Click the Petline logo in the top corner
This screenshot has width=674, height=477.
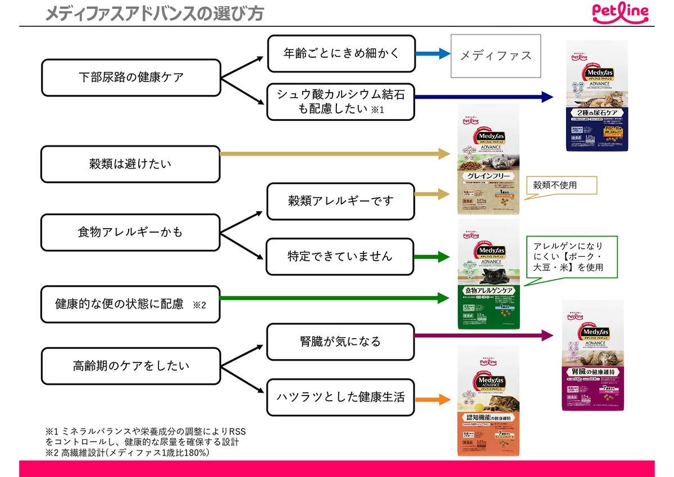tap(620, 12)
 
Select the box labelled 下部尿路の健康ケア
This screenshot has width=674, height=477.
tap(131, 78)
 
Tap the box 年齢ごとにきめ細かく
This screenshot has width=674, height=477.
tap(341, 54)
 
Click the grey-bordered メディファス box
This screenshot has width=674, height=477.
tap(495, 56)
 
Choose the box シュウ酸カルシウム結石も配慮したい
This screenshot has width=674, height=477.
tap(340, 102)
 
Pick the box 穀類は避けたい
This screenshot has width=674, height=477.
tap(130, 164)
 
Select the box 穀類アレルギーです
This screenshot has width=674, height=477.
tap(340, 201)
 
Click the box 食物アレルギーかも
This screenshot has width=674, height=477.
tap(130, 232)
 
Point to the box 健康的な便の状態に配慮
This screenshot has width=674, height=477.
tap(130, 304)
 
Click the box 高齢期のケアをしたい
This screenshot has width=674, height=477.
tap(131, 366)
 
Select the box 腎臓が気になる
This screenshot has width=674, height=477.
tap(340, 342)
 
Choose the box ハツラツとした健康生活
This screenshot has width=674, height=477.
tap(340, 397)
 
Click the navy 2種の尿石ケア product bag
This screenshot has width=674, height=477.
tap(596, 97)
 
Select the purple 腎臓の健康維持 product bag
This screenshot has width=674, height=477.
tap(593, 355)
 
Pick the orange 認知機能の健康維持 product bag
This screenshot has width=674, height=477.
tap(488, 401)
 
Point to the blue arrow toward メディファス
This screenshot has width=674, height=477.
tap(432, 54)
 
